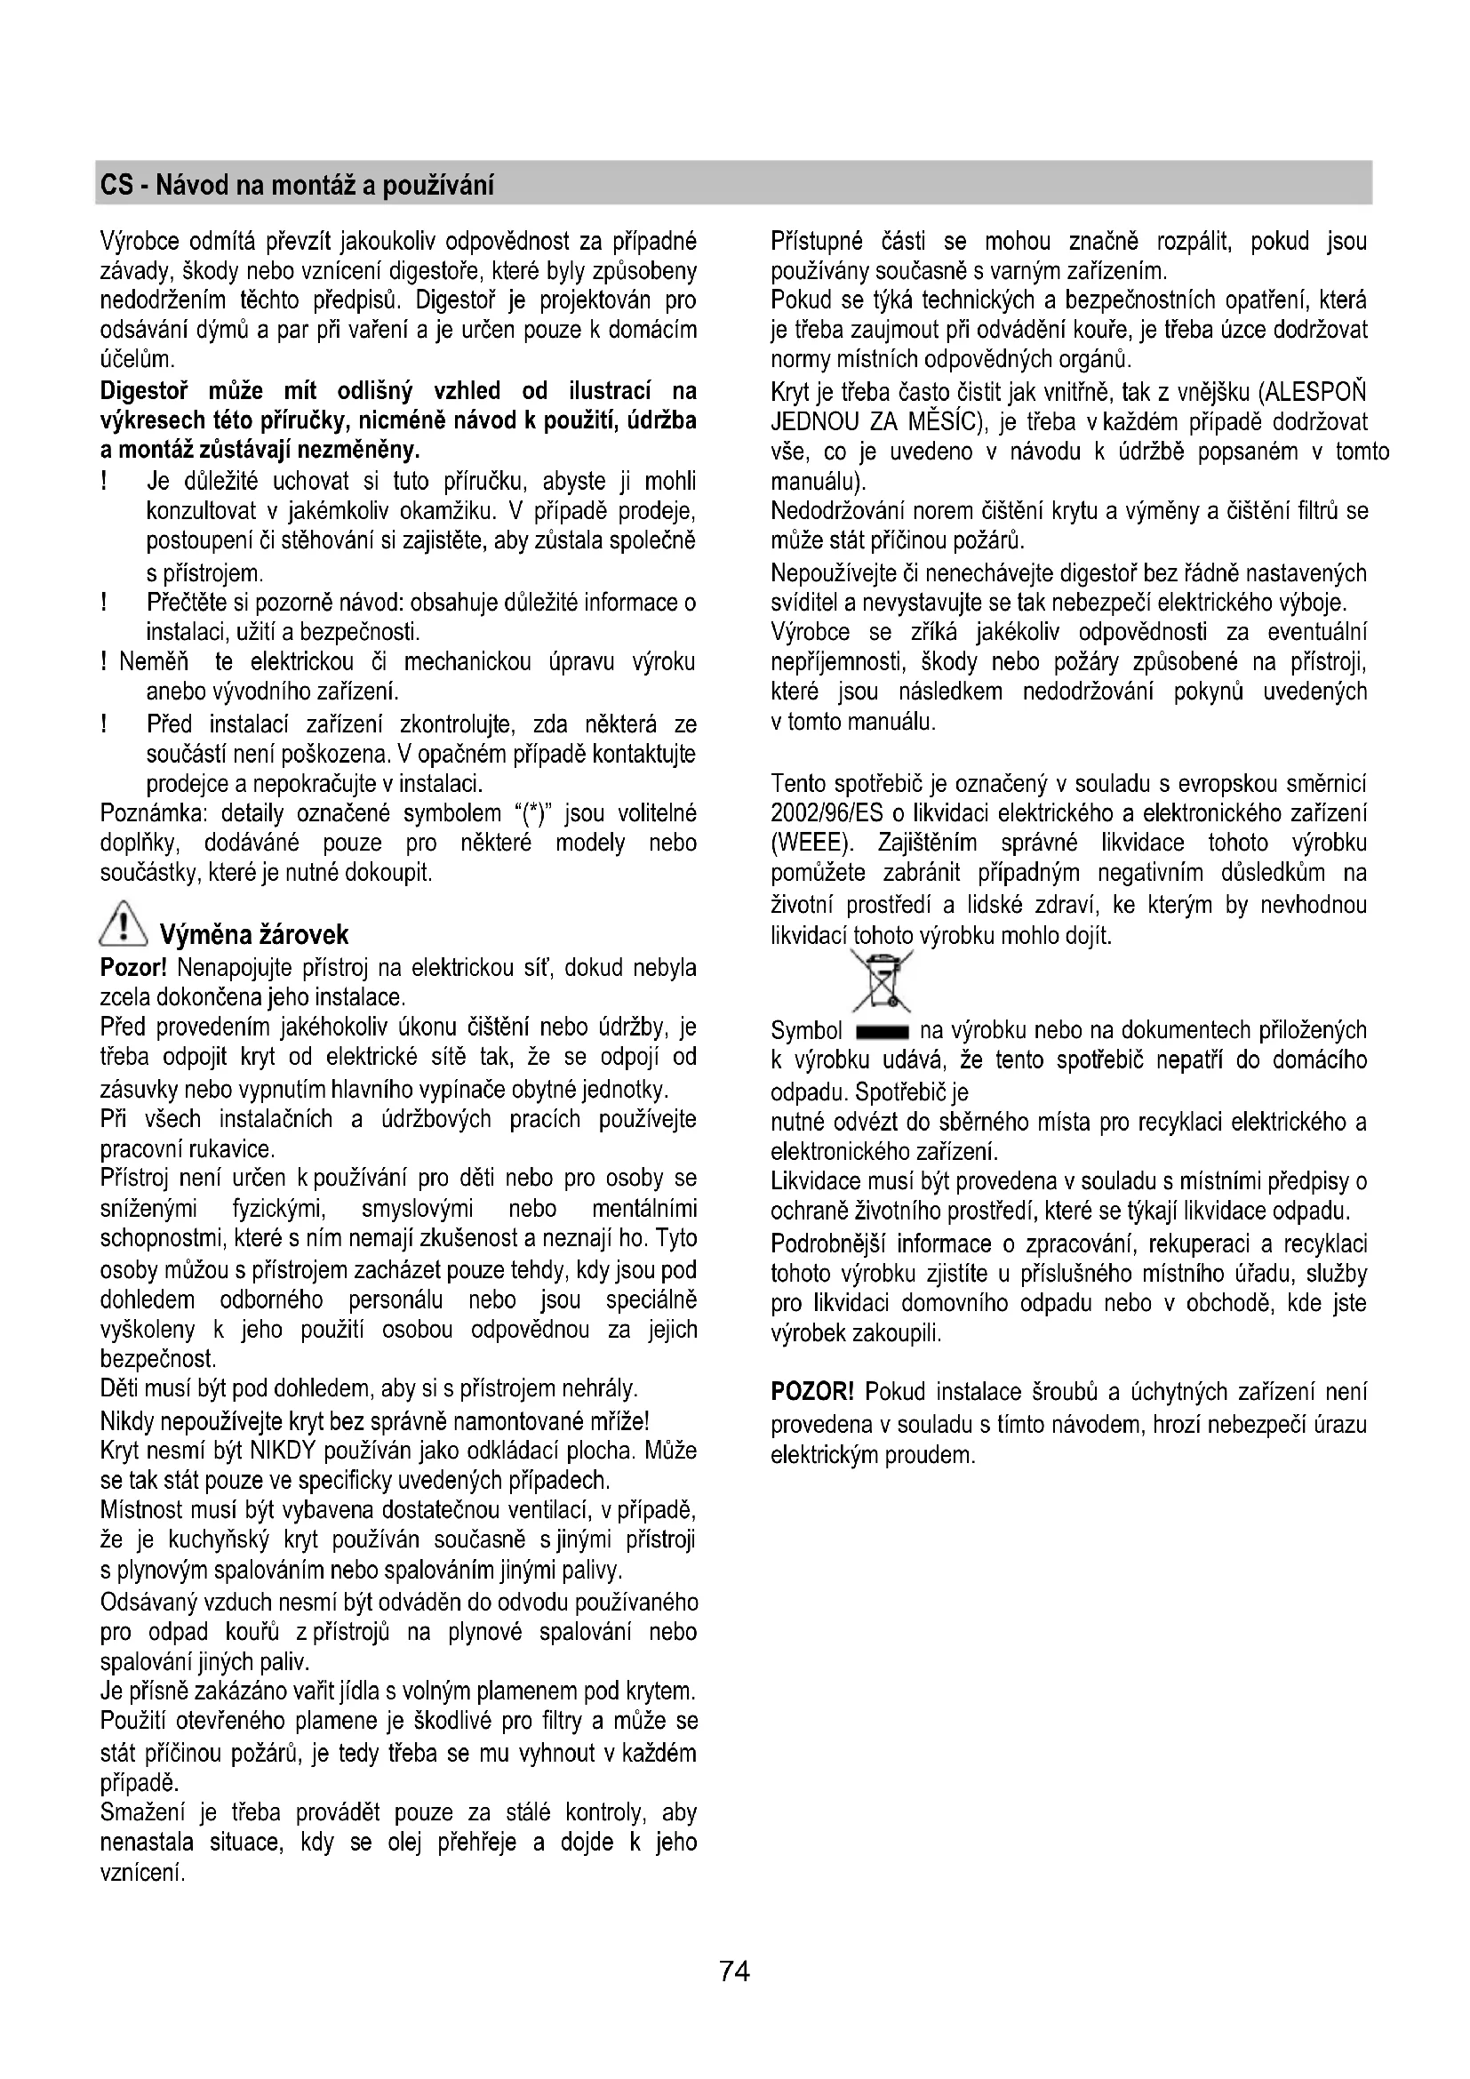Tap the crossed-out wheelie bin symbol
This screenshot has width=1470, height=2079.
(x=882, y=980)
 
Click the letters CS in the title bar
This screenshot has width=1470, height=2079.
(x=116, y=187)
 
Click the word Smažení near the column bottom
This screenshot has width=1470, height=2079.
(x=142, y=1812)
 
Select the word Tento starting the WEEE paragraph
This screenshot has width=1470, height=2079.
(x=798, y=783)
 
